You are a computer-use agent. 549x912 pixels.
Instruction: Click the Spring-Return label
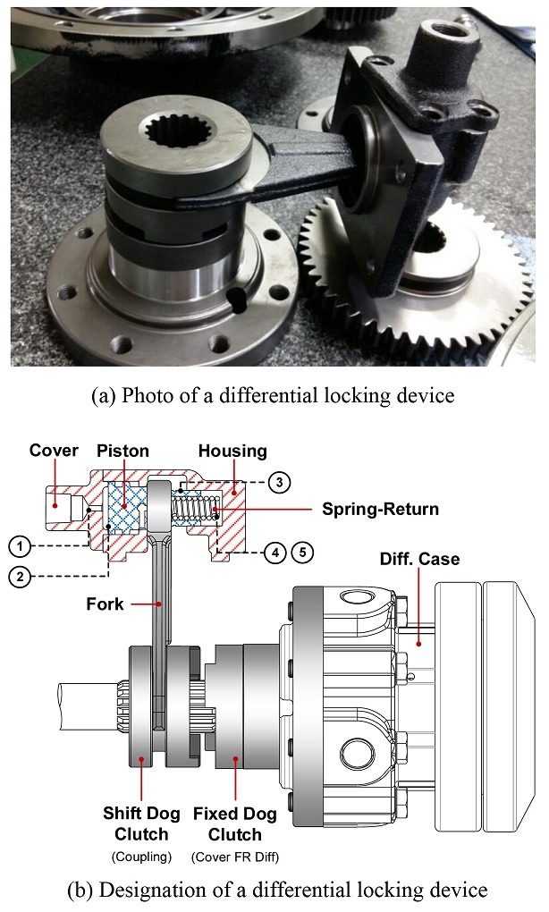(x=381, y=511)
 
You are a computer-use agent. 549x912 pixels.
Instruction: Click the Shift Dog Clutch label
(x=141, y=823)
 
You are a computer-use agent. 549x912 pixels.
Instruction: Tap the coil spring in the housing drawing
(x=196, y=511)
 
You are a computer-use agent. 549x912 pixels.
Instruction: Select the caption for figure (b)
(x=274, y=890)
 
